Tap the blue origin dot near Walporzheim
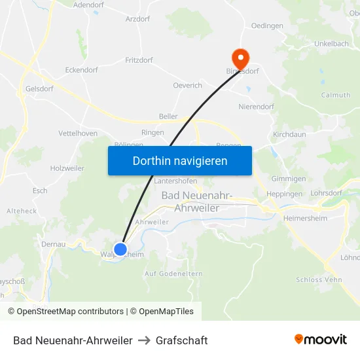tap(120, 249)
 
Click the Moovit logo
tap(321, 340)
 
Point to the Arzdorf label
tap(137, 19)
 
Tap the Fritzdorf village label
tap(139, 60)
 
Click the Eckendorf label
tap(81, 69)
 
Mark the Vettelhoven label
tap(78, 133)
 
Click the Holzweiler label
tap(67, 168)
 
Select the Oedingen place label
tap(267, 26)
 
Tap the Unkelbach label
tap(331, 43)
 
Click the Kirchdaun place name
tap(289, 134)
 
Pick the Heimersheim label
tap(305, 218)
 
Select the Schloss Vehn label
tap(319, 279)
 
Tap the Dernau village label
tap(52, 244)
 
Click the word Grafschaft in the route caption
tap(182, 340)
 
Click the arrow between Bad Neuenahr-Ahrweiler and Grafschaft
tap(144, 340)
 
